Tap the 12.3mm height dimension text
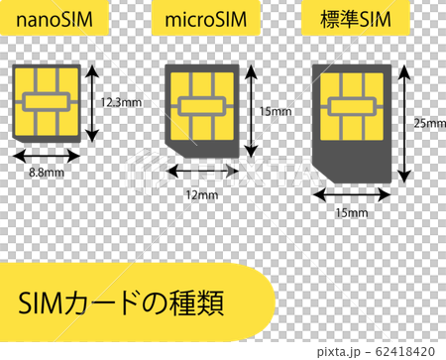[x=121, y=102]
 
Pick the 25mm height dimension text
[x=428, y=123]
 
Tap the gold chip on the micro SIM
[x=201, y=105]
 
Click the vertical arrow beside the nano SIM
[x=93, y=102]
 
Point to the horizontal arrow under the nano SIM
[x=46, y=155]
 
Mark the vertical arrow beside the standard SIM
[x=405, y=124]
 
